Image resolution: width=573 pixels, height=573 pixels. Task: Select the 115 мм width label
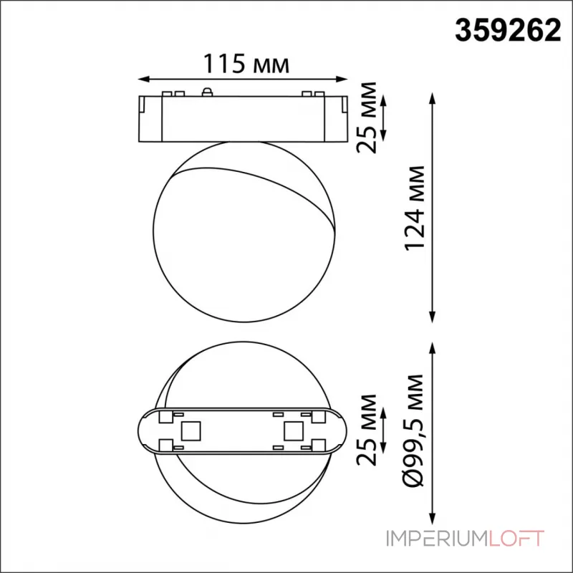click(x=243, y=65)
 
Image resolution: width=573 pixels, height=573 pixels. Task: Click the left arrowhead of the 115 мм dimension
click(x=140, y=78)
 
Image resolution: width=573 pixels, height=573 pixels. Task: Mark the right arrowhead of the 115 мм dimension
click(x=346, y=78)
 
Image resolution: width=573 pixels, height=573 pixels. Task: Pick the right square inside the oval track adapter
click(x=293, y=430)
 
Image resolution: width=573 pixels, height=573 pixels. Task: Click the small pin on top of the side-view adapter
click(x=208, y=91)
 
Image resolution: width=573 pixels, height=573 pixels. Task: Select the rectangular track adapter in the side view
click(x=243, y=117)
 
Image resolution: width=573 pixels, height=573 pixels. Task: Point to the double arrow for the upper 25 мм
click(x=384, y=117)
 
